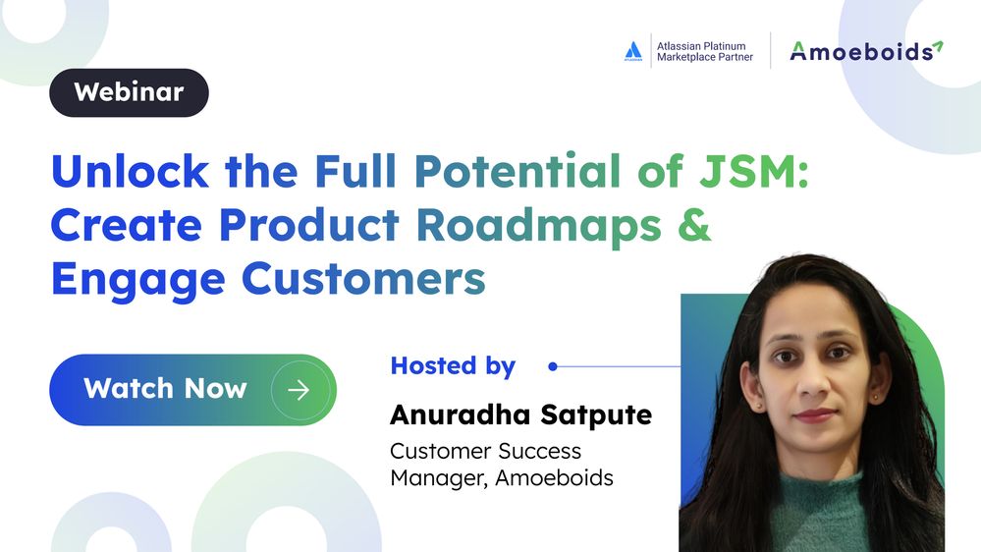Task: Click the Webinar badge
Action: [129, 92]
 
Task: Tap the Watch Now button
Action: [192, 390]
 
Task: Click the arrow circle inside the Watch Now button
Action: [300, 390]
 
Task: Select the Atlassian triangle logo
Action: [633, 51]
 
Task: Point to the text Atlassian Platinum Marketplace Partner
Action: [704, 51]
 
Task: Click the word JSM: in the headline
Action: [754, 170]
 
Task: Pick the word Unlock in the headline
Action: [131, 170]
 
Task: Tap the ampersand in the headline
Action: [694, 224]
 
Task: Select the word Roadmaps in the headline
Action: [539, 226]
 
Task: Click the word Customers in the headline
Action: [363, 279]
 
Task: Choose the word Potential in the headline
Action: [518, 170]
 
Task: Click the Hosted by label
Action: [453, 366]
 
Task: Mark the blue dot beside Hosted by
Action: [553, 366]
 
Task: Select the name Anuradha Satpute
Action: [521, 414]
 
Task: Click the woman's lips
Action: [815, 414]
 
